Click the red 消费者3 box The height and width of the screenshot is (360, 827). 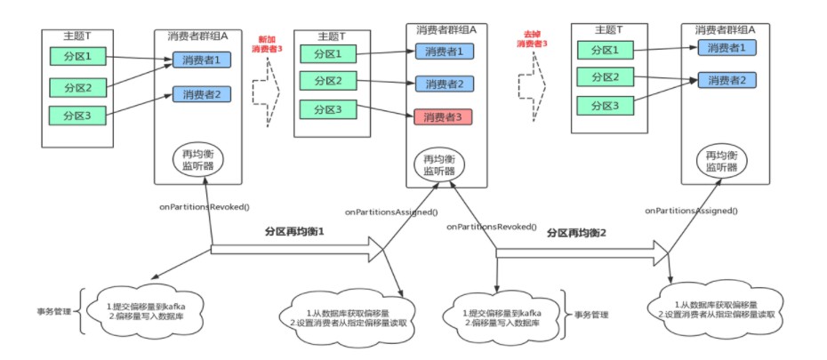(x=443, y=116)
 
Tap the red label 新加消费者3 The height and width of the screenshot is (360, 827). (x=267, y=44)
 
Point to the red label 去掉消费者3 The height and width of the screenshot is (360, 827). (x=531, y=39)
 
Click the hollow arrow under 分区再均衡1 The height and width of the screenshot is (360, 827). (x=298, y=249)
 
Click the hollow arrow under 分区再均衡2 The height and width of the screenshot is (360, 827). (x=582, y=253)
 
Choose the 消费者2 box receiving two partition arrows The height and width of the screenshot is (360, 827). (x=727, y=80)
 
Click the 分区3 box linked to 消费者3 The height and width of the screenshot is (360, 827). (x=327, y=109)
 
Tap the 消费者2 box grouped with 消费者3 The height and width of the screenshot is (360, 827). (x=443, y=84)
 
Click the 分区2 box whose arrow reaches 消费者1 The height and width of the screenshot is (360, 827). (x=78, y=86)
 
